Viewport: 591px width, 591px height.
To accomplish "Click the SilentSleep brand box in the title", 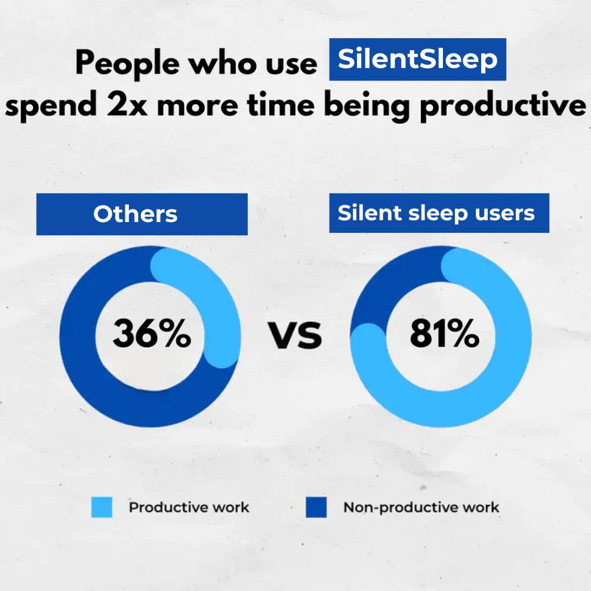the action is (x=418, y=59).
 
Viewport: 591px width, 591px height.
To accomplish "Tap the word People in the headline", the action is (x=127, y=63).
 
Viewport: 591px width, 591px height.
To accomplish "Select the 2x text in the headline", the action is (x=127, y=104).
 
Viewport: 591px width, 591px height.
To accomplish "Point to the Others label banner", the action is (x=141, y=214).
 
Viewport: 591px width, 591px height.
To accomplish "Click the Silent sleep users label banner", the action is (x=439, y=213).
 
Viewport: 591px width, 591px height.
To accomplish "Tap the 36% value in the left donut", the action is (x=152, y=334).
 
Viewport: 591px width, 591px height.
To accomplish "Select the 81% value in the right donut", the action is (x=444, y=334).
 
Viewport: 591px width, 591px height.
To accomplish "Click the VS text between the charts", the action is (x=295, y=335).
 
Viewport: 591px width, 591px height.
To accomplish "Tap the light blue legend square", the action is (x=101, y=507).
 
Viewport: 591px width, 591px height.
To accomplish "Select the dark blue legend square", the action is (x=316, y=507).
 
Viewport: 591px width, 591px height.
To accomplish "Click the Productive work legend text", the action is (x=189, y=507).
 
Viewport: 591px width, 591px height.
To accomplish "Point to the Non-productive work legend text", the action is (x=421, y=507).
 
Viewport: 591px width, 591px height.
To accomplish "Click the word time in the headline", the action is (x=281, y=104).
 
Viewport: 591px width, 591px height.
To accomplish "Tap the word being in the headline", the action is (x=367, y=106).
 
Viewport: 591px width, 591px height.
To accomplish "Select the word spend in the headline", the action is (x=51, y=106).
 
